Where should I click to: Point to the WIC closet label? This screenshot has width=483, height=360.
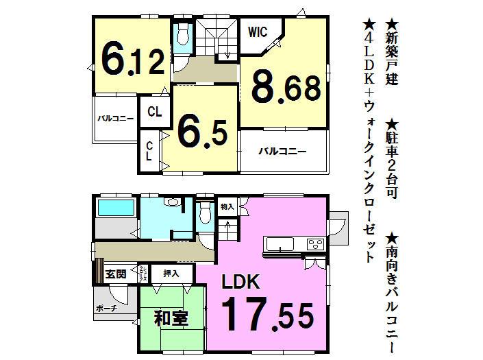point(258,32)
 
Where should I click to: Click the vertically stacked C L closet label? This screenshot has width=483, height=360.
point(149,151)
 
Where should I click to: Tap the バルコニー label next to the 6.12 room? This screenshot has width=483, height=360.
point(115,119)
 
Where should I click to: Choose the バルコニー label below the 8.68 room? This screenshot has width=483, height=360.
point(282,151)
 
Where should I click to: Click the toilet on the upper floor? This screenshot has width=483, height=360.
point(183,36)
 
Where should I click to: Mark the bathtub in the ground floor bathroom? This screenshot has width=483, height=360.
point(116,207)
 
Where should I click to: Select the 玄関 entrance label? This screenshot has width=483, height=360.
point(116,274)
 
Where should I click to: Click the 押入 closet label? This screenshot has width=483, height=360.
point(171,274)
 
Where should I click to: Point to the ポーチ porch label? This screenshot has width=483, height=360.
point(106,309)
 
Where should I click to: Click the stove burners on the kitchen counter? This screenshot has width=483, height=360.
point(316,243)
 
